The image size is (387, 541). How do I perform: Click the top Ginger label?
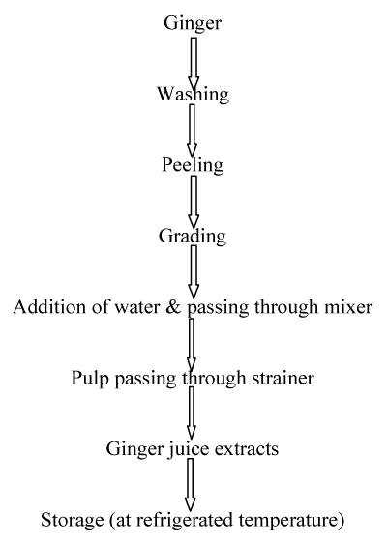click(193, 24)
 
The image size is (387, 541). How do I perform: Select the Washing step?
click(193, 94)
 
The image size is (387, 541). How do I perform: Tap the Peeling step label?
click(193, 165)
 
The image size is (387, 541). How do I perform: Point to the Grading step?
click(193, 237)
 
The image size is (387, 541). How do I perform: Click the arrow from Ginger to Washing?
click(193, 64)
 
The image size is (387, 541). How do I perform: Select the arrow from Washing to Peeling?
click(193, 130)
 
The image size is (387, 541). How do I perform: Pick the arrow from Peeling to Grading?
click(193, 202)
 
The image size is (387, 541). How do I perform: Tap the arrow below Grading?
click(193, 271)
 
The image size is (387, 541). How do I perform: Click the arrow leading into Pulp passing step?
click(192, 345)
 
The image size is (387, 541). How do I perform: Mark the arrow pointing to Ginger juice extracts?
click(192, 413)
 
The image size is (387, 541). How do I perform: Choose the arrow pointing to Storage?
click(190, 485)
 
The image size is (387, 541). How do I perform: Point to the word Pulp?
click(90, 379)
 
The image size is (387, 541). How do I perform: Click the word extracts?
click(247, 449)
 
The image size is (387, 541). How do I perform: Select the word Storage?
click(73, 521)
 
